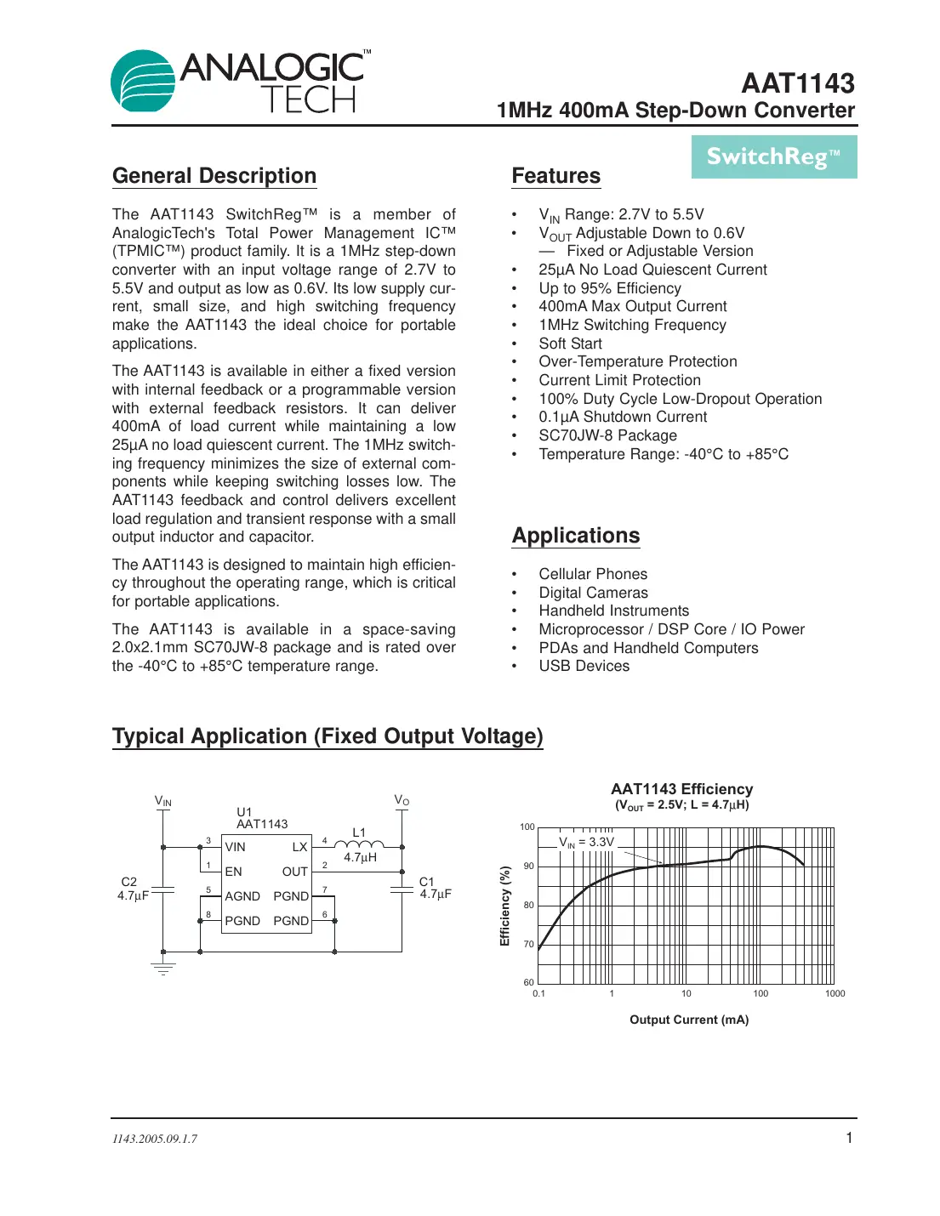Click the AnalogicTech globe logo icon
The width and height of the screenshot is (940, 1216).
pyautogui.click(x=143, y=81)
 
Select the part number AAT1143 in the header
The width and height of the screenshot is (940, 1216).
pyautogui.click(x=797, y=83)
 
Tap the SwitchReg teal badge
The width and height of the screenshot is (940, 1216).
pyautogui.click(x=773, y=157)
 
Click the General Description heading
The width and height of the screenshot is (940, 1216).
pyautogui.click(x=214, y=176)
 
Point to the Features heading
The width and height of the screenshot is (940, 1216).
pyautogui.click(x=555, y=176)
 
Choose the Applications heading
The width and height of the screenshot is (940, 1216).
pyautogui.click(x=575, y=536)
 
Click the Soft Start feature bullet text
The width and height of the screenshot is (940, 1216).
pyautogui.click(x=570, y=344)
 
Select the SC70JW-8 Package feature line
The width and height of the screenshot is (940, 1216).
pyautogui.click(x=607, y=435)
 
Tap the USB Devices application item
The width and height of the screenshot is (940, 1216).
pyautogui.click(x=584, y=666)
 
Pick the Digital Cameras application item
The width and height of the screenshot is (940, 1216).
pyautogui.click(x=593, y=593)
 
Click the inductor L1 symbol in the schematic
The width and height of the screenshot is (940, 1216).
pyautogui.click(x=359, y=844)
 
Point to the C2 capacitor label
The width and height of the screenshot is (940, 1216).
pyautogui.click(x=129, y=882)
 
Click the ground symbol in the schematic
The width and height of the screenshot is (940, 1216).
pyautogui.click(x=163, y=968)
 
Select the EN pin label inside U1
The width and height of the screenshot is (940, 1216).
pyautogui.click(x=233, y=872)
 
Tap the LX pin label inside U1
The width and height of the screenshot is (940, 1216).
pyautogui.click(x=299, y=847)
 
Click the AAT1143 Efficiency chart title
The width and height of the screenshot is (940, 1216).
pyautogui.click(x=681, y=789)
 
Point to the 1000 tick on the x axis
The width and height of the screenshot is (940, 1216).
pyautogui.click(x=835, y=993)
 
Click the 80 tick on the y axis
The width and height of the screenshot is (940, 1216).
pyautogui.click(x=528, y=905)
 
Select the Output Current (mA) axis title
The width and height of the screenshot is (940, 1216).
pyautogui.click(x=688, y=1020)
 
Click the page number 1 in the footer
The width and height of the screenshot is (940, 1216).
pyautogui.click(x=848, y=1138)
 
